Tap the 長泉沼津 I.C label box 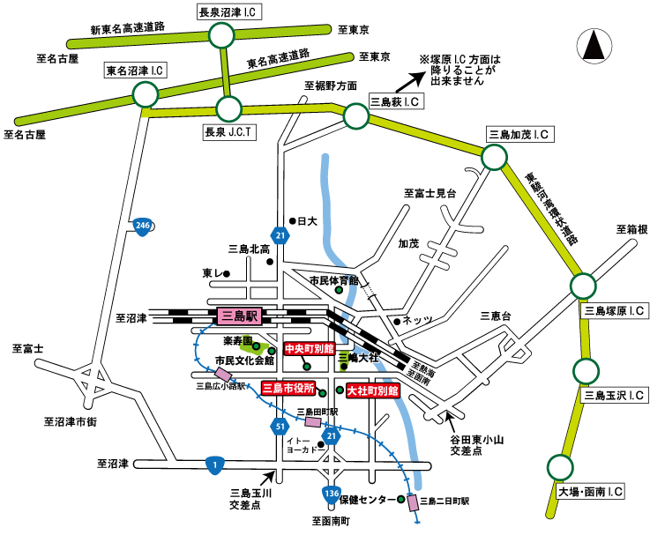(x=225, y=11)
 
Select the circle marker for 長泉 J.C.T (x=228, y=109)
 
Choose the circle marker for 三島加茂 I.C (x=494, y=158)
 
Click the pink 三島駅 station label (x=238, y=315)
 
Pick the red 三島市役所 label (x=288, y=388)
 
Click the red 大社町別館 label (x=373, y=390)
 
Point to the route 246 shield (x=143, y=227)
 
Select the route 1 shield (x=213, y=463)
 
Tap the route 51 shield (x=279, y=426)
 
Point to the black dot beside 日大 (x=292, y=220)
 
